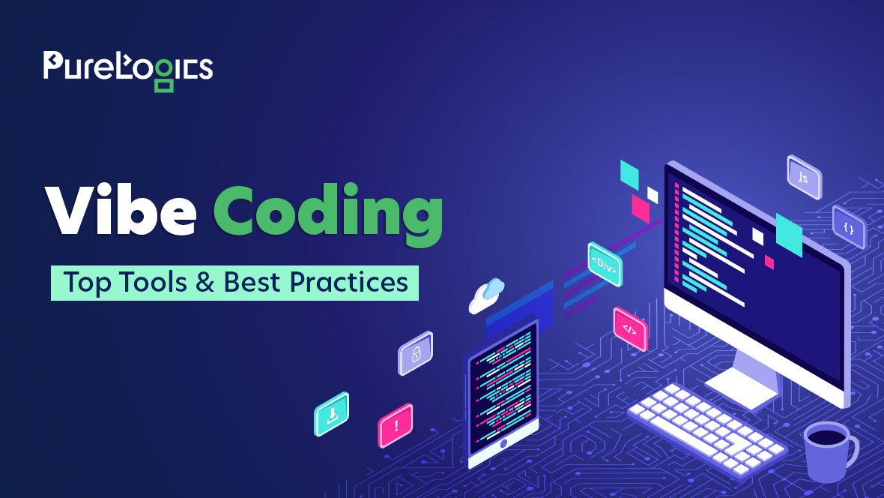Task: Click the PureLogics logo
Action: pos(128,70)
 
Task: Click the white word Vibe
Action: pos(121,209)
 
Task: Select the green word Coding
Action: pos(328,214)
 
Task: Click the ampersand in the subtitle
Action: pos(205,282)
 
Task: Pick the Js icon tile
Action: pos(804,177)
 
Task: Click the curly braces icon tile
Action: pos(849,227)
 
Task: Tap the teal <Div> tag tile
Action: pos(605,264)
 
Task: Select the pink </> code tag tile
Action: pos(630,329)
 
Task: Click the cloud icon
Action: pos(486,295)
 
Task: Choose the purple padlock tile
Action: pos(416,353)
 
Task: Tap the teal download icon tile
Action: pos(331,414)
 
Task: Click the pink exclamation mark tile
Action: pos(396,426)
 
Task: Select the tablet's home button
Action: pos(503,443)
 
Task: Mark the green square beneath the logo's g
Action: pos(164,85)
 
